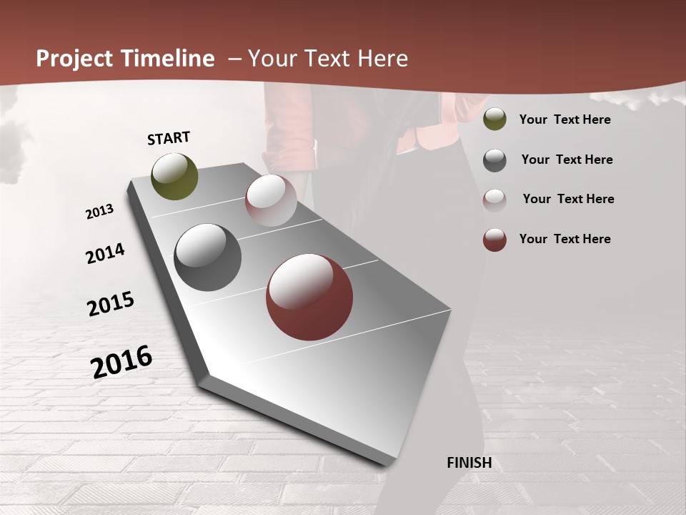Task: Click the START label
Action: (x=169, y=138)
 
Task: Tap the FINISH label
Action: (x=469, y=463)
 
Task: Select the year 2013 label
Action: (x=100, y=212)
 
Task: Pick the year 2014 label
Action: (x=106, y=254)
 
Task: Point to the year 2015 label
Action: (x=111, y=304)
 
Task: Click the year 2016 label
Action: (x=121, y=362)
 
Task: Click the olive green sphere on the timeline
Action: (x=175, y=177)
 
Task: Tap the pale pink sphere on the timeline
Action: (x=271, y=200)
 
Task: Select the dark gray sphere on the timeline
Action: (x=208, y=257)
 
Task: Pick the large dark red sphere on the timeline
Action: (x=309, y=297)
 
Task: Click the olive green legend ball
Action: (x=494, y=119)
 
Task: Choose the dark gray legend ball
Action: (x=494, y=160)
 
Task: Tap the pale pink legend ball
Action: (x=494, y=200)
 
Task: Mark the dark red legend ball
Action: (x=494, y=240)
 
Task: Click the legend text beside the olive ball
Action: (x=565, y=119)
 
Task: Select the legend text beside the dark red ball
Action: (x=565, y=239)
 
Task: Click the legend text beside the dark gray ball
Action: (x=567, y=160)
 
